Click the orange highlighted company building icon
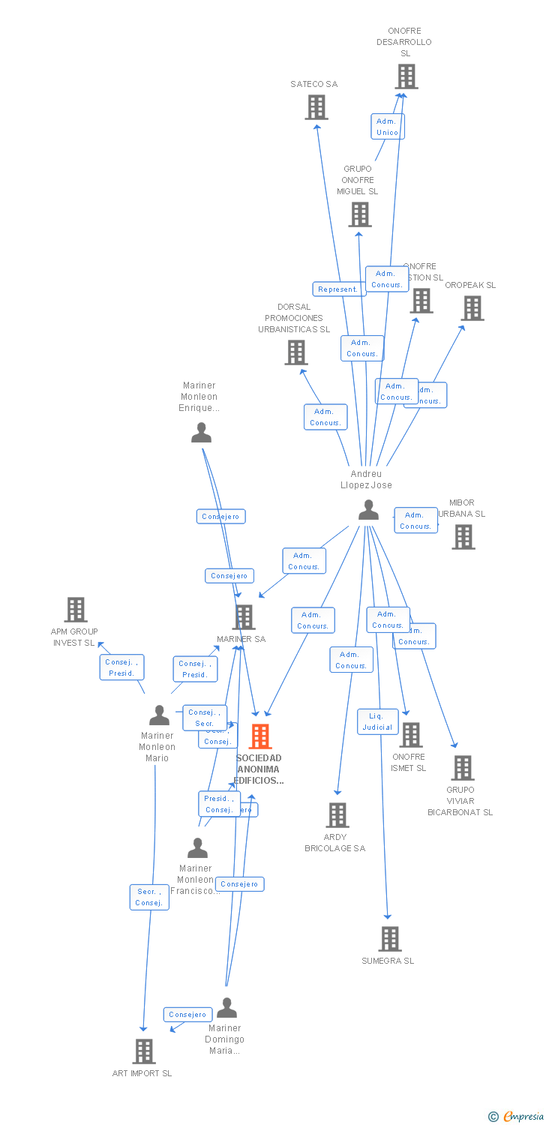click(260, 736)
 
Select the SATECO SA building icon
click(316, 107)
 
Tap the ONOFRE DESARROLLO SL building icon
click(406, 76)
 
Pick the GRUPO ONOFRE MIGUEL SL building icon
click(359, 214)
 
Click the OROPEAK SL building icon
click(472, 308)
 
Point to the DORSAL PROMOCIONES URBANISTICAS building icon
click(296, 352)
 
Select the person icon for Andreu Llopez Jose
click(368, 510)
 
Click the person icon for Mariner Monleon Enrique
click(201, 433)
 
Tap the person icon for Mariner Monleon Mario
click(159, 715)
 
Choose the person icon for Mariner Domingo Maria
click(226, 1007)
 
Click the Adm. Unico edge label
click(387, 127)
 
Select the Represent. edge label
click(337, 289)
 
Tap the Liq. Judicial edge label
click(377, 721)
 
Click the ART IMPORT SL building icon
click(144, 1051)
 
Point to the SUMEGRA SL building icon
click(389, 939)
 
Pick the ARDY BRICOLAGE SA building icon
click(337, 815)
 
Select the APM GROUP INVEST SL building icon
click(76, 610)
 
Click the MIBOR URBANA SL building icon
click(463, 537)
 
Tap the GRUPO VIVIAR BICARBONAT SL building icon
click(462, 768)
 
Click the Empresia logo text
click(523, 1117)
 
